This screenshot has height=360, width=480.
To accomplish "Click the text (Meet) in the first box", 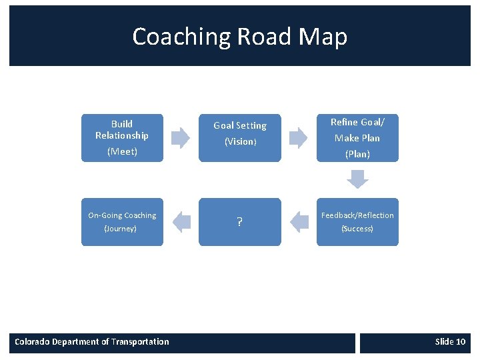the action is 122,151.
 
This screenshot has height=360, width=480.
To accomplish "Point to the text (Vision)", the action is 240,141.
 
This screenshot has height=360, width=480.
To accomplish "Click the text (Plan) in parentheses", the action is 357,154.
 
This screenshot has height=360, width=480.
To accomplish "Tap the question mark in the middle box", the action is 239,223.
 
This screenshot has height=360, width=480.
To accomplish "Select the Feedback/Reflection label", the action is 357,215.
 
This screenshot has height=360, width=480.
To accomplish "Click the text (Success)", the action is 357,229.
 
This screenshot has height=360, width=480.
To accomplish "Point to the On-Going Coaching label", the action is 122,215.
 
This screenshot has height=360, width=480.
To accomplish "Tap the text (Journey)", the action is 121,229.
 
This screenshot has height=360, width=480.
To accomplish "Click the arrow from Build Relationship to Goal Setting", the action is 181,138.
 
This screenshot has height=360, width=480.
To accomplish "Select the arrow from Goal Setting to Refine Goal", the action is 298,138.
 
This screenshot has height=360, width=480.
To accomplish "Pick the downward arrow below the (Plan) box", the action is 358,179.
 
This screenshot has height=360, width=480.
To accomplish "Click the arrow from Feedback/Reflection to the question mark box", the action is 300,222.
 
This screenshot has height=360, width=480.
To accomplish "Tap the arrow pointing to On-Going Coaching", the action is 181,222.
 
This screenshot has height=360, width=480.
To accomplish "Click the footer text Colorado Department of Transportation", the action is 92,342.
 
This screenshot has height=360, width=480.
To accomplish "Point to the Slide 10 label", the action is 450,342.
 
